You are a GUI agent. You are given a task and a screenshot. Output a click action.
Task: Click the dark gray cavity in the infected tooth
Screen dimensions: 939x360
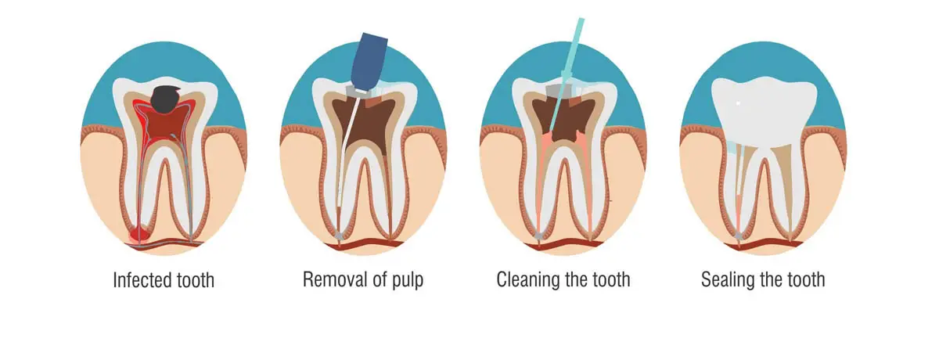tap(167, 99)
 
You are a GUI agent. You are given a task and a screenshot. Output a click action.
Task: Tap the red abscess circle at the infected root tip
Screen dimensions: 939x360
tap(139, 233)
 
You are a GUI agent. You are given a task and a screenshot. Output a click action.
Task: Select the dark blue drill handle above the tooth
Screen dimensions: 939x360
tap(368, 61)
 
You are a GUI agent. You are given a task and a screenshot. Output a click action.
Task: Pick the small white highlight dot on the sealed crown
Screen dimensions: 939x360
tap(738, 103)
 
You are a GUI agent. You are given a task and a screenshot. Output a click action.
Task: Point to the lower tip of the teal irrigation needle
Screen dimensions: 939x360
tap(549, 131)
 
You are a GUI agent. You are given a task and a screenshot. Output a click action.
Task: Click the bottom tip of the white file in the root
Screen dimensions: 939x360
tap(339, 206)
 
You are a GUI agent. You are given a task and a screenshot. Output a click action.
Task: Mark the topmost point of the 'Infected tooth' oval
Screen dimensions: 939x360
tap(164, 41)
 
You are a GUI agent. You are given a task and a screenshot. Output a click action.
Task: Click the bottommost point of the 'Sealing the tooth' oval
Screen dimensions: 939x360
tap(763, 255)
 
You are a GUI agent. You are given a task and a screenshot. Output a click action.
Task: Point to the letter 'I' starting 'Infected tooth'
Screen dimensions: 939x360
tap(115, 280)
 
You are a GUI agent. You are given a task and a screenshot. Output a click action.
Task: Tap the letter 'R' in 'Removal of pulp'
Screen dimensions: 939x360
tap(308, 279)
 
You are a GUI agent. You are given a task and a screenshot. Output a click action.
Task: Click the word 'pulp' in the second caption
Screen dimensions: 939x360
tap(408, 280)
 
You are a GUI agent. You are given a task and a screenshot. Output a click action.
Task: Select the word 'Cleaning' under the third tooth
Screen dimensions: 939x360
tap(528, 279)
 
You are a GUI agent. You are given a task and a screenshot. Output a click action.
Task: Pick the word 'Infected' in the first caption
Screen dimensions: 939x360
tap(142, 280)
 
